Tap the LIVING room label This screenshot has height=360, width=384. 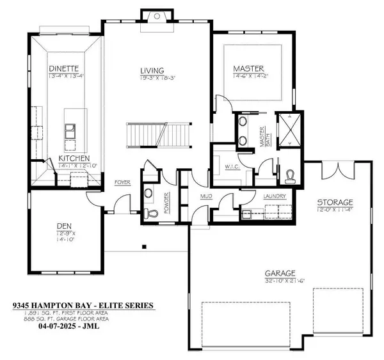[x=154, y=70]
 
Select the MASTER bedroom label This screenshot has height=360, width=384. [x=249, y=68]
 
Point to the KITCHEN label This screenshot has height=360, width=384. [x=74, y=159]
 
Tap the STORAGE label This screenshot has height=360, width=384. [x=335, y=203]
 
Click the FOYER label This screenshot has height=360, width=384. [x=123, y=182]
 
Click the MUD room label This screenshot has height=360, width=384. [x=206, y=197]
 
